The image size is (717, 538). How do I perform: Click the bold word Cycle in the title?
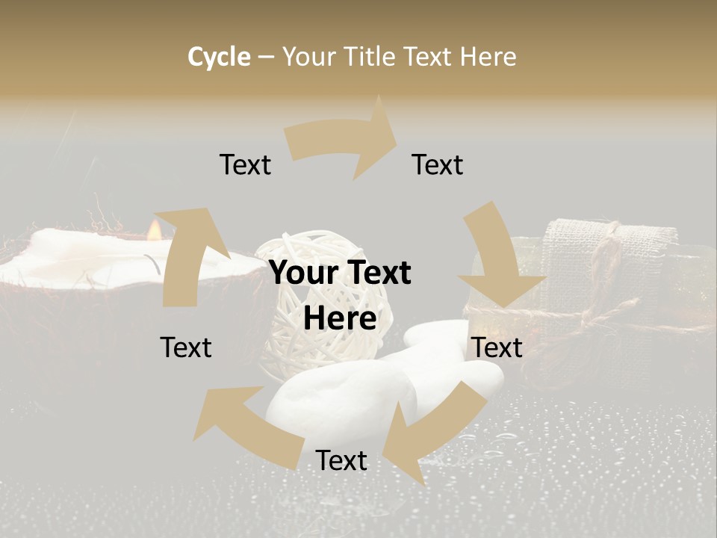(x=219, y=57)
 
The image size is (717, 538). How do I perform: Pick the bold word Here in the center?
(x=340, y=319)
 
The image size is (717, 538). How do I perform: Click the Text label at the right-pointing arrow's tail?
(x=245, y=165)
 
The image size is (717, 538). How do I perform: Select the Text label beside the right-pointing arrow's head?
(x=438, y=165)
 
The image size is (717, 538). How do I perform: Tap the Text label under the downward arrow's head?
(x=497, y=347)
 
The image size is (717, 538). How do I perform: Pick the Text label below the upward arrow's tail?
(x=186, y=347)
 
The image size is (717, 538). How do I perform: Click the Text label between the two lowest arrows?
(x=341, y=461)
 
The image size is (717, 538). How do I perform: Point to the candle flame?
(x=155, y=229)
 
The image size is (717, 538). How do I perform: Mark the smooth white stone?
(x=336, y=403)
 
